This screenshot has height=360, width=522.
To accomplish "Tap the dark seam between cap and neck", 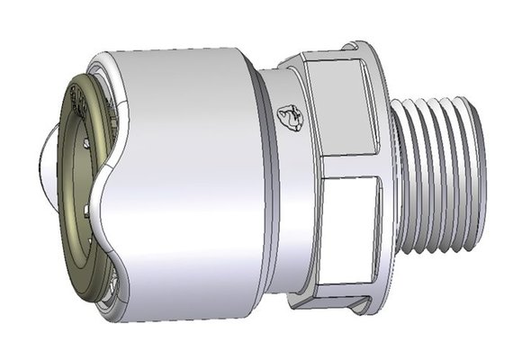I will tap(262, 180).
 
